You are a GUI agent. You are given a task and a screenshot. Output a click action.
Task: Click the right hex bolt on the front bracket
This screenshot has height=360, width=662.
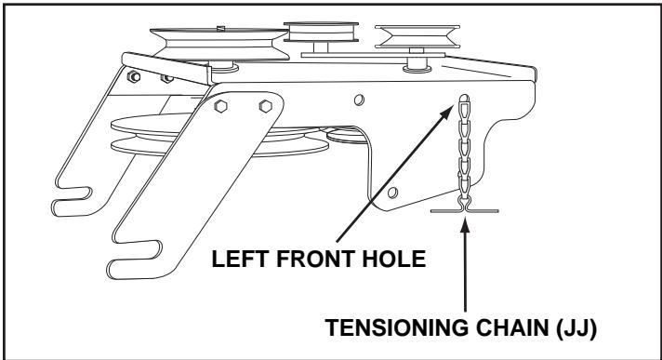point(265,105)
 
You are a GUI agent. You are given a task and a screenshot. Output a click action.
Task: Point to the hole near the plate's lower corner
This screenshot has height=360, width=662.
point(393,192)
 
